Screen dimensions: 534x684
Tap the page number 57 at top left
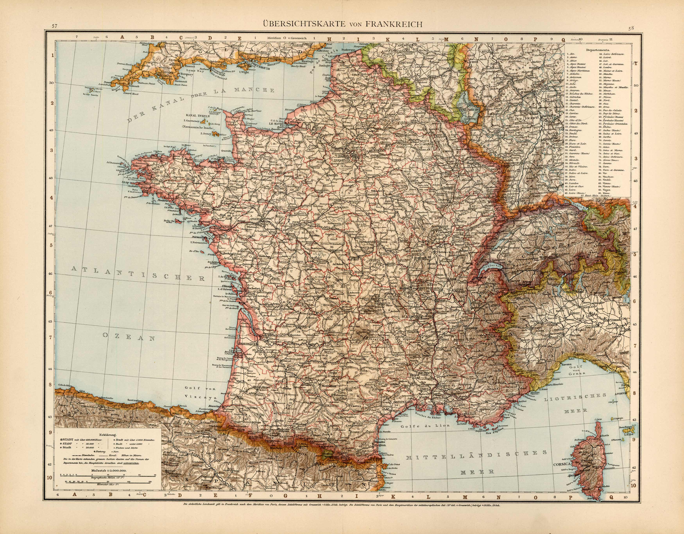tap(55, 26)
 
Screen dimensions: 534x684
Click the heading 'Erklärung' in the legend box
tap(107, 435)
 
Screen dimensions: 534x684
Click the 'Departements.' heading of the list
tap(598, 50)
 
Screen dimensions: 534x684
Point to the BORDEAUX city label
tap(247, 343)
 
